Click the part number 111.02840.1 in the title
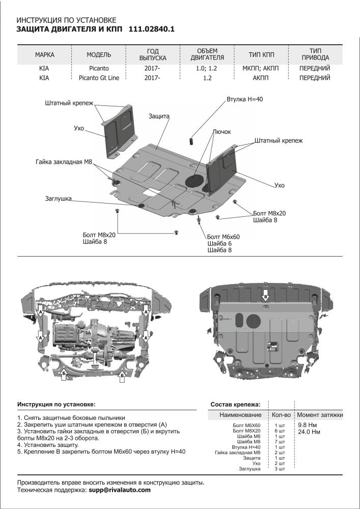(151, 30)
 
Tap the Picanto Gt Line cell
(99, 78)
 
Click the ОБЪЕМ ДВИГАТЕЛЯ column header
(207, 54)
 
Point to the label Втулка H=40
(245, 99)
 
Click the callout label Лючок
(221, 131)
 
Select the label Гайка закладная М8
(64, 161)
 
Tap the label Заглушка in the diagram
(58, 198)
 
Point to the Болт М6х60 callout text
(223, 237)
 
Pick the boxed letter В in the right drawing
(265, 296)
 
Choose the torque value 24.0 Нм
(310, 432)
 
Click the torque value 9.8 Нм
(308, 425)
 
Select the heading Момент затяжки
(320, 415)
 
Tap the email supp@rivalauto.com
(120, 490)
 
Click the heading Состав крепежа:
(235, 405)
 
